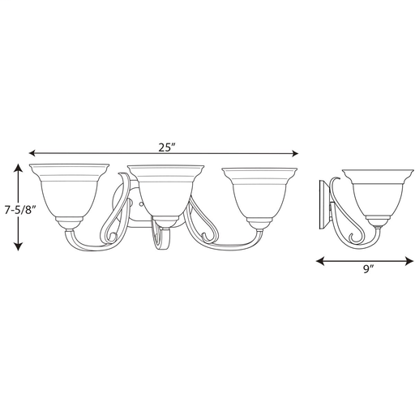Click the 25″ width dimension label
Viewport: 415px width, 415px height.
[x=167, y=148]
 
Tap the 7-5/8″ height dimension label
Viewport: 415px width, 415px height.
[x=20, y=210]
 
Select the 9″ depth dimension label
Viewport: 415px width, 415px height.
[x=368, y=270]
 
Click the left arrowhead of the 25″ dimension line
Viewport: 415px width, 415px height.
[x=32, y=153]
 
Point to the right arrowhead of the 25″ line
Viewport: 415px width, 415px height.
[x=294, y=154]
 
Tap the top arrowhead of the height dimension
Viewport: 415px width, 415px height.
[x=18, y=168]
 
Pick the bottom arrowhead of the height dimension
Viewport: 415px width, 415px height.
[x=18, y=246]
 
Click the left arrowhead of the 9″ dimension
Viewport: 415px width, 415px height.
[x=320, y=261]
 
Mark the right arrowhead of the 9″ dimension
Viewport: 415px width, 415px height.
[x=409, y=261]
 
